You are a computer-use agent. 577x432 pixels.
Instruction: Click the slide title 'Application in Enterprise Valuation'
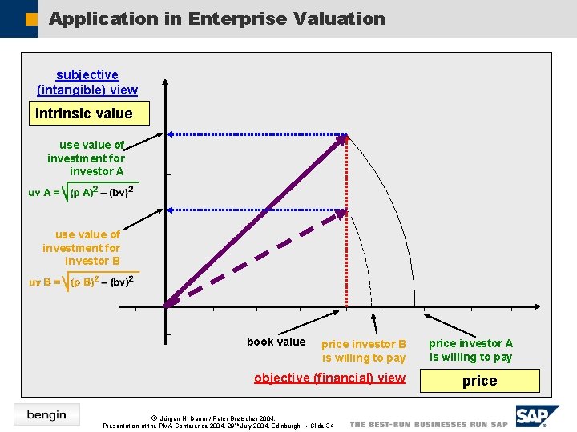216,18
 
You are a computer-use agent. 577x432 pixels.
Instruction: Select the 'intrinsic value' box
83,114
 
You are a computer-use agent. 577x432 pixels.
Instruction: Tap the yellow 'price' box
479,381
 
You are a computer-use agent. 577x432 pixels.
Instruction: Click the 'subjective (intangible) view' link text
87,82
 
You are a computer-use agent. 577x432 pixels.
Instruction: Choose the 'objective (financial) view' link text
329,378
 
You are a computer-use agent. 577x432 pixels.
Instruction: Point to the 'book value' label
276,342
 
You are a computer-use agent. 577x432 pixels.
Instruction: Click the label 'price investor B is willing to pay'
364,350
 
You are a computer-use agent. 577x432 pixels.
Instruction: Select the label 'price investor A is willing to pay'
470,350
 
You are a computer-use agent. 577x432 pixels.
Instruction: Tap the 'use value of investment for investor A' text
87,158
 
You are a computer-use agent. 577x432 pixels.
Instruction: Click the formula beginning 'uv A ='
81,192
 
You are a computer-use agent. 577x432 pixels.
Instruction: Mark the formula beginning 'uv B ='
81,282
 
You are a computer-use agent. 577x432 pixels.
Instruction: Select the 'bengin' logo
46,414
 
